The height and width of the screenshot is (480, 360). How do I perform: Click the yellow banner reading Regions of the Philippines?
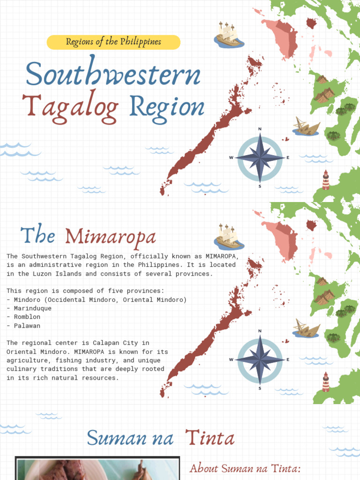tap(113, 42)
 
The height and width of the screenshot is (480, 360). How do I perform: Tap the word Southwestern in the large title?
tap(113, 75)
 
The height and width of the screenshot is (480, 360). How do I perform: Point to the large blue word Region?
tap(167, 107)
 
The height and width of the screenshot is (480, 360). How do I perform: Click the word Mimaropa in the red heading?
tap(111, 237)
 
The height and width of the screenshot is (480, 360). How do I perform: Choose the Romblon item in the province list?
tap(27, 317)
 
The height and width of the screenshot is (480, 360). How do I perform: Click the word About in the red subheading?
tap(204, 468)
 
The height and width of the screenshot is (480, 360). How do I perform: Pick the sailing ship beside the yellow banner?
tap(229, 35)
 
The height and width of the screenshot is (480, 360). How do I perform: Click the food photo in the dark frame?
tap(97, 470)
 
